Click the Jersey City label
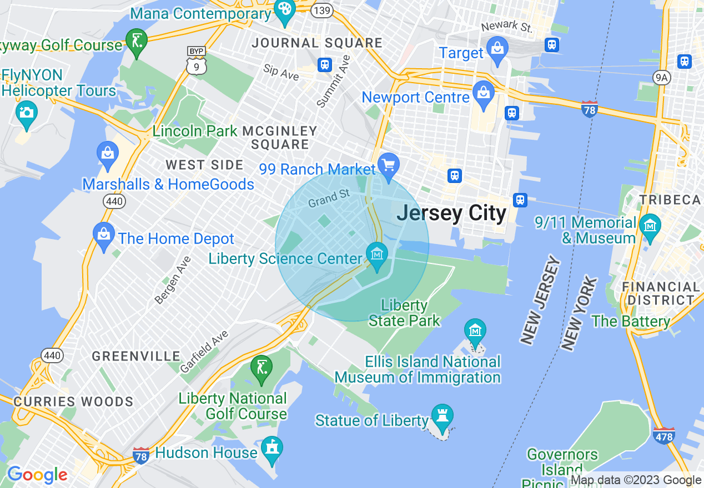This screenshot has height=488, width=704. click(x=451, y=213)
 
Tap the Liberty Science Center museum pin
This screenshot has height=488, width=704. click(x=377, y=255)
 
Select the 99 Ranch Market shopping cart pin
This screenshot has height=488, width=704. click(x=388, y=165)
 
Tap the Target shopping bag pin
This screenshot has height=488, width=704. click(x=497, y=49)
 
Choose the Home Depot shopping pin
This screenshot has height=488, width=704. click(x=104, y=235)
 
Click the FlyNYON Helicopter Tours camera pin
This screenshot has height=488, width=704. click(x=26, y=113)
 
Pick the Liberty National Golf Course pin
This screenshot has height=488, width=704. click(x=262, y=368)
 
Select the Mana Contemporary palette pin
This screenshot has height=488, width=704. click(x=285, y=11)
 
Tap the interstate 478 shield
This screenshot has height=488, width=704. click(x=664, y=435)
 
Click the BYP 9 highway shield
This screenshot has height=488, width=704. click(x=197, y=60)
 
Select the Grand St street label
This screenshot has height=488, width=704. click(x=329, y=198)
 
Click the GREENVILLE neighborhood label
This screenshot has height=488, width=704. click(x=136, y=356)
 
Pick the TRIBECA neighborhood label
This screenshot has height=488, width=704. click(x=671, y=200)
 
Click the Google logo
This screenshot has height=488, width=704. click(x=37, y=475)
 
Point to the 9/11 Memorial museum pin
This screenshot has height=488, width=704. click(x=649, y=226)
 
